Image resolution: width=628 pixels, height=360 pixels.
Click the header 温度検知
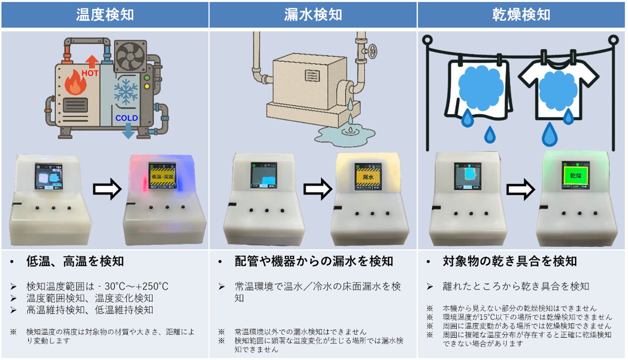tap(104, 14)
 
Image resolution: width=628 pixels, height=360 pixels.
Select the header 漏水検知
tap(313, 14)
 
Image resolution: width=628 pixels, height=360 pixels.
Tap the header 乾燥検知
tap(522, 14)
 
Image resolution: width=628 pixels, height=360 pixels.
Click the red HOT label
tap(90, 73)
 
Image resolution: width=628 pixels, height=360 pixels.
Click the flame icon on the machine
tap(76, 84)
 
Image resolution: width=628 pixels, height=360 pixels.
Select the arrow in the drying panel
tap(523, 189)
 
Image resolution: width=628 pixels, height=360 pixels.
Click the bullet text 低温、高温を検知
tap(75, 261)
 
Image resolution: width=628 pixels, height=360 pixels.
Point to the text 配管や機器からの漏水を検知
tap(314, 261)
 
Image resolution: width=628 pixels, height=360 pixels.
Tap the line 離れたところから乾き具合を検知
tap(516, 286)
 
